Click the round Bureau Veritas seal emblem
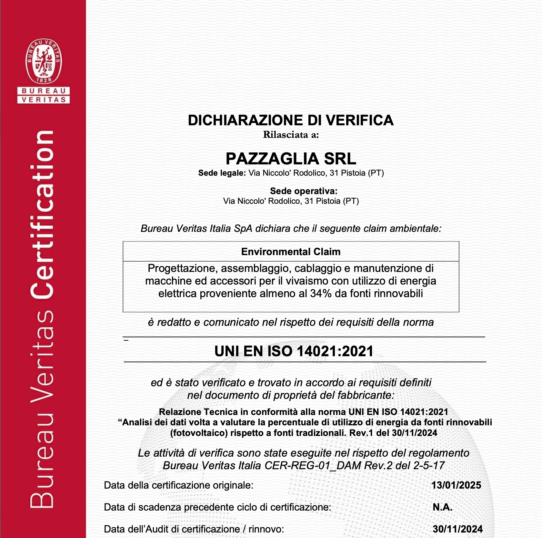[x=44, y=61]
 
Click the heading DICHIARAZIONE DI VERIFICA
[x=291, y=120]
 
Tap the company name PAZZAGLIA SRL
[x=291, y=159]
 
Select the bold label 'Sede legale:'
[x=222, y=173]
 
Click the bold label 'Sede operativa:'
[x=304, y=191]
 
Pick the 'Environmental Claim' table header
[x=291, y=252]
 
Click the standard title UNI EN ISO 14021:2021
[x=294, y=351]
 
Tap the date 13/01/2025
[x=456, y=485]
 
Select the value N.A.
[x=442, y=507]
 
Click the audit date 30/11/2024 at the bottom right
[x=457, y=529]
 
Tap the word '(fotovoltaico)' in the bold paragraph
[x=199, y=433]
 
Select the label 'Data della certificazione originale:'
[x=178, y=485]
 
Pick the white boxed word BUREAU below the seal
[x=44, y=91]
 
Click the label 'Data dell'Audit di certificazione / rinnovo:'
[x=194, y=529]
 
